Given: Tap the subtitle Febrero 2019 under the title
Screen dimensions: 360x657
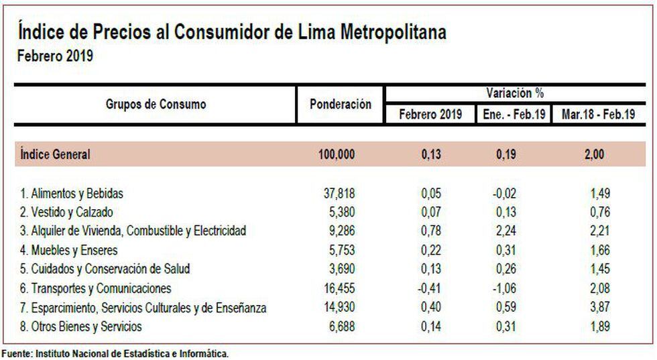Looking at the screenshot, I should pyautogui.click(x=55, y=57).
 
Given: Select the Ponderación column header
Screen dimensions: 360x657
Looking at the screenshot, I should pyautogui.click(x=341, y=105).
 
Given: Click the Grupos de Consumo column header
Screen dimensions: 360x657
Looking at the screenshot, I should pyautogui.click(x=156, y=105).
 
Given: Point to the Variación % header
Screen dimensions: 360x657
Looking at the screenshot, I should pyautogui.click(x=515, y=93).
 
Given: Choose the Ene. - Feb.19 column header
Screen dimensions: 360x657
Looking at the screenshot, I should pyautogui.click(x=514, y=114).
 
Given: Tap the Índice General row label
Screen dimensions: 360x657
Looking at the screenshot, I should pyautogui.click(x=56, y=154).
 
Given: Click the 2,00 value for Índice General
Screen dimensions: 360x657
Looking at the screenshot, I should pyautogui.click(x=594, y=154).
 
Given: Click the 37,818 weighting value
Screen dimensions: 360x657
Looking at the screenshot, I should pyautogui.click(x=339, y=194).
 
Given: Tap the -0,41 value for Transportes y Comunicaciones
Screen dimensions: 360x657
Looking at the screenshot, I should pyautogui.click(x=430, y=288).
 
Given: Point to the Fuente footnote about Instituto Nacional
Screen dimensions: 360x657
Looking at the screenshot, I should pyautogui.click(x=115, y=354).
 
